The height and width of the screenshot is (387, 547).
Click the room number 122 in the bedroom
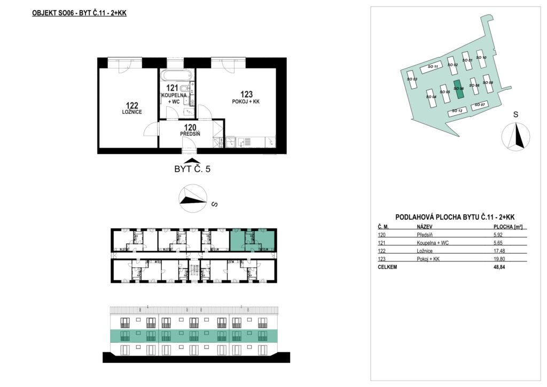(132, 105)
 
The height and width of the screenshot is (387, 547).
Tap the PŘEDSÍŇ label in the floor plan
(190, 134)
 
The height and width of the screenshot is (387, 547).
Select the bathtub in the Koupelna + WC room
(176, 75)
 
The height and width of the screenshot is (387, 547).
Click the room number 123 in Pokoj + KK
(246, 94)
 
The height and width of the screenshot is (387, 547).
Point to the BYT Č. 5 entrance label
(192, 169)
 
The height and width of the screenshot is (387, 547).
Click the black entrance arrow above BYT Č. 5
(190, 160)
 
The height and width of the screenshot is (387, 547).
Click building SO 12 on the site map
(457, 111)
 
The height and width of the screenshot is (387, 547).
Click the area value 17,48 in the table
(499, 251)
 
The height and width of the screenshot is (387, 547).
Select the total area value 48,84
(499, 267)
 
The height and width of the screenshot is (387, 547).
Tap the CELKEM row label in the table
(387, 267)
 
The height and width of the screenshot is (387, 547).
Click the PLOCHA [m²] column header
(508, 227)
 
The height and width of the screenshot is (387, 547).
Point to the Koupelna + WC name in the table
(433, 243)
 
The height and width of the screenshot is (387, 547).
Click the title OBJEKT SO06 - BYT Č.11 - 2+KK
(79, 13)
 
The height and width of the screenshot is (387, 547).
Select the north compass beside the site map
(515, 137)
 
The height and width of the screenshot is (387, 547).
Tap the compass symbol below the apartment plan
(192, 198)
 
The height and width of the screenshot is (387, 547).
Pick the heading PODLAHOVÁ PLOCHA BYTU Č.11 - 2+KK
(455, 217)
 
